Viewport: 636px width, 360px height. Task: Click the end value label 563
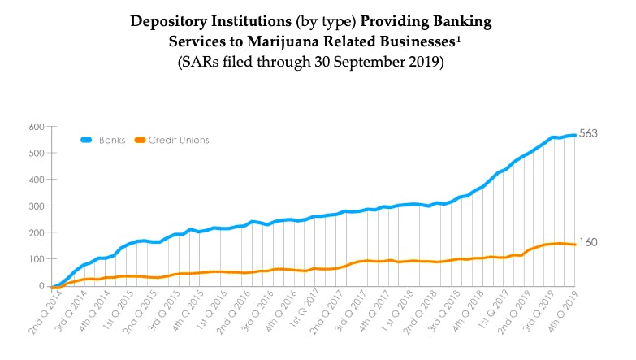click(x=587, y=133)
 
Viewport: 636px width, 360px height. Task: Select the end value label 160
click(x=587, y=241)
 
